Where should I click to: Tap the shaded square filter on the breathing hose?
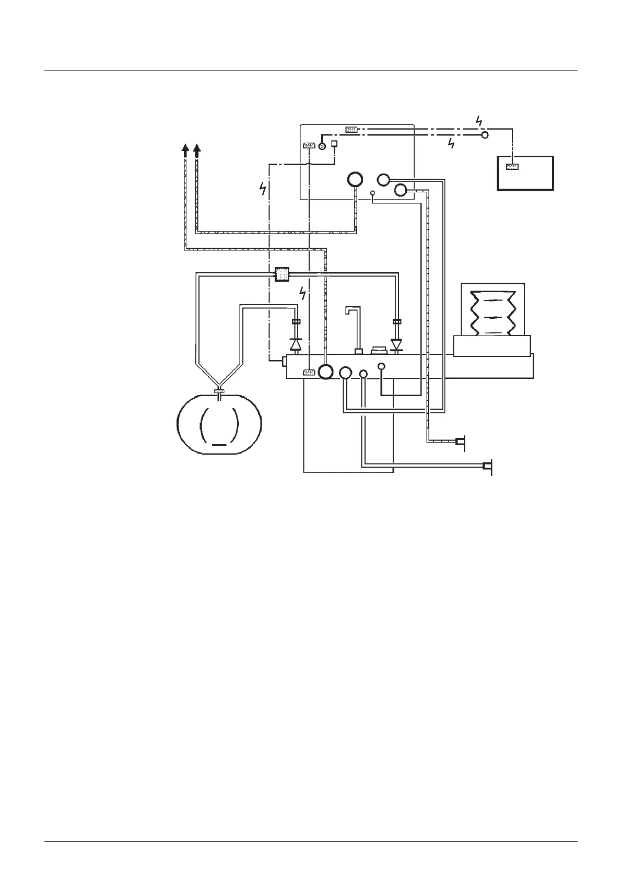click(x=282, y=274)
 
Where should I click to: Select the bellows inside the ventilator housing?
click(x=492, y=312)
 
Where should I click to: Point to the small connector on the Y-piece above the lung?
click(x=219, y=391)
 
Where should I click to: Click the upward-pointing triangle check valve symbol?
click(x=296, y=344)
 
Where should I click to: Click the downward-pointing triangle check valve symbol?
click(x=397, y=345)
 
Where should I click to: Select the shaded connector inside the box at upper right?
click(x=512, y=167)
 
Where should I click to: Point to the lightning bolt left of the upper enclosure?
click(x=263, y=188)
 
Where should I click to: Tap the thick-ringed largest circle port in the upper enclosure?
click(x=355, y=179)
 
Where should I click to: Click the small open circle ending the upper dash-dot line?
click(x=485, y=135)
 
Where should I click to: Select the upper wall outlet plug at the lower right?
click(x=460, y=442)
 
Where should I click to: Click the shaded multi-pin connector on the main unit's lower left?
click(x=309, y=373)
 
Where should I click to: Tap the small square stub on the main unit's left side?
click(x=285, y=360)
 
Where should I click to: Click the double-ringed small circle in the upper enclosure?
click(x=322, y=147)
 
